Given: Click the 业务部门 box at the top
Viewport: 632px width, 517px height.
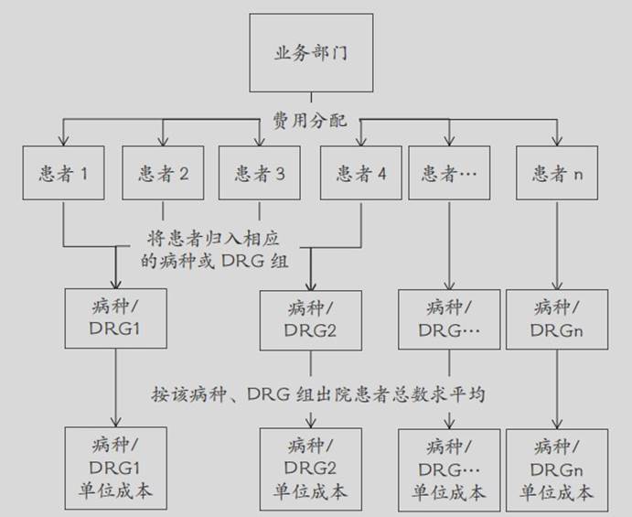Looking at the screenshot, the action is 311,53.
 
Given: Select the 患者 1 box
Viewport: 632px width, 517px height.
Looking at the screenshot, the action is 63,173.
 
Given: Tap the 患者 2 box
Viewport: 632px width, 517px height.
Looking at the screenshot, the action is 163,173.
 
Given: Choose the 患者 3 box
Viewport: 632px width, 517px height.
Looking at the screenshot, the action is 260,173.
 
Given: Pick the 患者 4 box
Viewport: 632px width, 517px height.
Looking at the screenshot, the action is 361,173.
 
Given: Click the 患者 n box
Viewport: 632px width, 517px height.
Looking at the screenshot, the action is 557,173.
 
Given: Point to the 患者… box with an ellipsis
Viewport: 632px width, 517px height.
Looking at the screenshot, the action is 449,173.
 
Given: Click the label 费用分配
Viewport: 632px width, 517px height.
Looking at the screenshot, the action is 310,120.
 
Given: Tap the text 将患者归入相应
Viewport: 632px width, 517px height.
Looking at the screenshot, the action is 213,238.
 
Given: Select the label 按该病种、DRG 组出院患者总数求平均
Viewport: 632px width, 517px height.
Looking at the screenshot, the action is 318,393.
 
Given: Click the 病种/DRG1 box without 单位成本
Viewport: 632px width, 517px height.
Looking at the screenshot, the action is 115,318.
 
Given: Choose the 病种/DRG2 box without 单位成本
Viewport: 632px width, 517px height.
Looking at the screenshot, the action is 311,320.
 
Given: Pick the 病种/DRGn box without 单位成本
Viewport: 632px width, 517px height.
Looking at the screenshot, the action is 557,319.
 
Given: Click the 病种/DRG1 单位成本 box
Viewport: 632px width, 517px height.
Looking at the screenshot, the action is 115,469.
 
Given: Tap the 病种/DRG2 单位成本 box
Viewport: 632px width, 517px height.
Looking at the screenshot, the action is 311,469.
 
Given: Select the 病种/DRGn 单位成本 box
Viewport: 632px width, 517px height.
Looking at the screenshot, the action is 557,469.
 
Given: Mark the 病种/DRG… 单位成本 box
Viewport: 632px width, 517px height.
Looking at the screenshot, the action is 449,469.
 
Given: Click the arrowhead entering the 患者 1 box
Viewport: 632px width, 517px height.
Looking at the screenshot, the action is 63,140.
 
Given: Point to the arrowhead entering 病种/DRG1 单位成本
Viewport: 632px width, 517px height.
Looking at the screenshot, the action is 115,422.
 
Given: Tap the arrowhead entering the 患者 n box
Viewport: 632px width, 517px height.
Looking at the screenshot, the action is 557,140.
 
